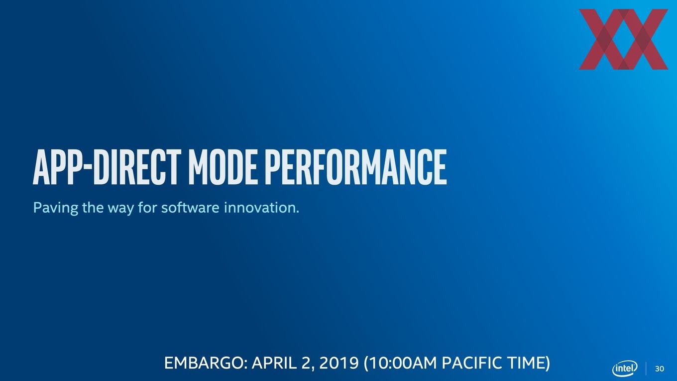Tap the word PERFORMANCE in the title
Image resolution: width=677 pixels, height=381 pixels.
[356, 167]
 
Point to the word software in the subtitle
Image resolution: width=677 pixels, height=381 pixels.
[190, 207]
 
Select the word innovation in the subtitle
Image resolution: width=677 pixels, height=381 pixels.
[262, 207]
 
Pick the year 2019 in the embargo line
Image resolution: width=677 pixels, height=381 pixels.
[339, 363]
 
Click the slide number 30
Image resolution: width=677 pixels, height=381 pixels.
[660, 369]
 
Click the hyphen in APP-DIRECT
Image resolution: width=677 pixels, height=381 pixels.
[87, 170]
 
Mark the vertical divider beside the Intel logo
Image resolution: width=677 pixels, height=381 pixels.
[646, 369]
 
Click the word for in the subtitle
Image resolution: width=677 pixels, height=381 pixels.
[147, 207]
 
